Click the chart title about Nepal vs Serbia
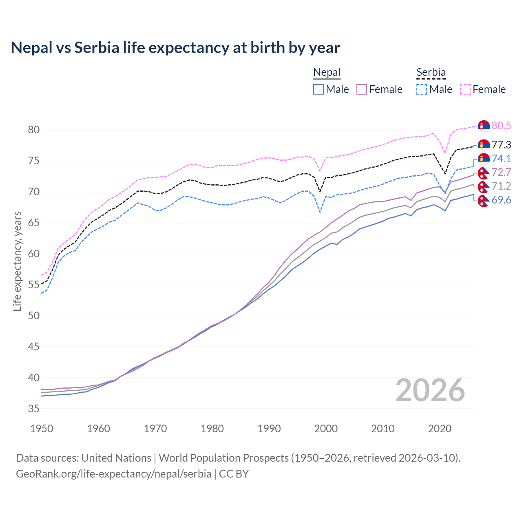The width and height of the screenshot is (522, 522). (175, 48)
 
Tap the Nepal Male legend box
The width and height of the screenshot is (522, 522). (319, 89)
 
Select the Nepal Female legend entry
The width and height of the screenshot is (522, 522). (380, 89)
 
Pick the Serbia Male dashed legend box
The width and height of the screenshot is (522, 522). (422, 89)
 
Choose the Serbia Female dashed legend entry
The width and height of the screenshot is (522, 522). (483, 89)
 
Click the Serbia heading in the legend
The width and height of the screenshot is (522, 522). (431, 73)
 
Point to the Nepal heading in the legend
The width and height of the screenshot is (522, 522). (327, 73)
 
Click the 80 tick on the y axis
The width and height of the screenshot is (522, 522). (34, 130)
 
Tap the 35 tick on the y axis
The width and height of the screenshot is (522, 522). (34, 409)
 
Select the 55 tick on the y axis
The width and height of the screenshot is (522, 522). (34, 285)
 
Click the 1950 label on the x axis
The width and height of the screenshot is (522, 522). (42, 429)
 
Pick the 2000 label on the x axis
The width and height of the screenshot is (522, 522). (326, 429)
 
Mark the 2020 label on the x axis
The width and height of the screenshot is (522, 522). (440, 429)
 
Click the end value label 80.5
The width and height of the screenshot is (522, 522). (501, 126)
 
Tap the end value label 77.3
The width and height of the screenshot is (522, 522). (501, 145)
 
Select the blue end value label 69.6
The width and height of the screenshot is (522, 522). (501, 200)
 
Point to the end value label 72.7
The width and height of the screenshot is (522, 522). (501, 172)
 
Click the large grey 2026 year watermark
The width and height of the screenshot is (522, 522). (430, 390)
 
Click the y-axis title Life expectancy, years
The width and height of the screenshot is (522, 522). (17, 261)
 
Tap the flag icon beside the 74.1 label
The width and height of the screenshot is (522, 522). (484, 159)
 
